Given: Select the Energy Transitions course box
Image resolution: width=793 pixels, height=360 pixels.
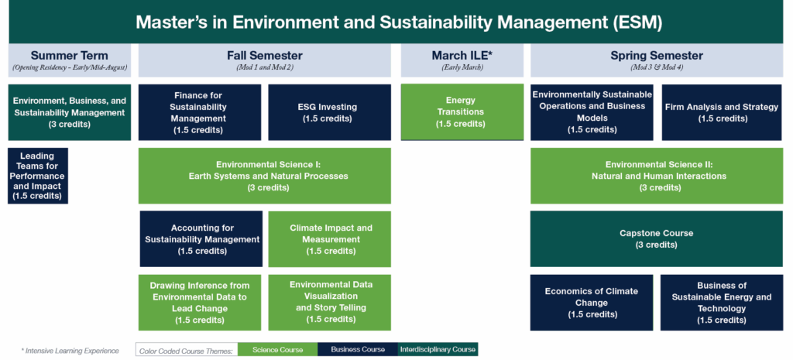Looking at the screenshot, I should coord(462,112).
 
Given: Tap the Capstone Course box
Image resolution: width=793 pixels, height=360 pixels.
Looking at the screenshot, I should coord(656,238).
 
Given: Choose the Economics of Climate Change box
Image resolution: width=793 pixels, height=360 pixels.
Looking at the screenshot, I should coord(591,302).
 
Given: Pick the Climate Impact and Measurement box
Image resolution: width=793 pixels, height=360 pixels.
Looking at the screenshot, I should coord(330,238).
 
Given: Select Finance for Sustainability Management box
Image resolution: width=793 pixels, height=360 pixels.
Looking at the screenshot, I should coord(200,112).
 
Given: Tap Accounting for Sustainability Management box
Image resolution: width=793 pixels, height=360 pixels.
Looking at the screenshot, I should coord(201,238).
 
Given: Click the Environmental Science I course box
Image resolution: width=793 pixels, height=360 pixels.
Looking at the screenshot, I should coord(265,176).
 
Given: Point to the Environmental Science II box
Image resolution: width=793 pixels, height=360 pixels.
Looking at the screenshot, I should coord(656,176).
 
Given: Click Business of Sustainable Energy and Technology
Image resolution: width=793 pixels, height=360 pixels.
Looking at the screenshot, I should coord(722,302).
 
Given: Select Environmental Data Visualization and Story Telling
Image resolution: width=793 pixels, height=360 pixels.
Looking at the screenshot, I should coord(330,302).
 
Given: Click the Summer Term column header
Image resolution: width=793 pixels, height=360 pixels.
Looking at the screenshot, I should coord(70,60).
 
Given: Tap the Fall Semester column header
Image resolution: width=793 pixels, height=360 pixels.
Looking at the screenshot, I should coord(265,60).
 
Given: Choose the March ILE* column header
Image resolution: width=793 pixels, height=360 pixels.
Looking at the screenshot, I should coord(462,60).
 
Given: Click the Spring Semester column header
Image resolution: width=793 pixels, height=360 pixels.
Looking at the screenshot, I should coord(656,60).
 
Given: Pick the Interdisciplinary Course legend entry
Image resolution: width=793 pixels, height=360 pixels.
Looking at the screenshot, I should coord(438,350).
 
